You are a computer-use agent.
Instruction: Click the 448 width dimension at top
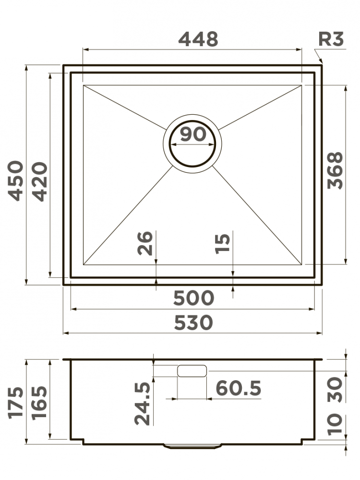pos(198,39)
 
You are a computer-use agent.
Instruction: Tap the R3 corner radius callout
pos(331,39)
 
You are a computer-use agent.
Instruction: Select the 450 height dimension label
pos(16,180)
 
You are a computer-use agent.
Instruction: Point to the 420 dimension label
pos(40,181)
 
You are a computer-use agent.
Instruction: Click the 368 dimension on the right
pos(335,170)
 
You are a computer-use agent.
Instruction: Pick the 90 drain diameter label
pos(193,134)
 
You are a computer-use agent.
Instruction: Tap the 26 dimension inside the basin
pos(144,243)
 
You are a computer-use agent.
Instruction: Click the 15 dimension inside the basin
pos(222,244)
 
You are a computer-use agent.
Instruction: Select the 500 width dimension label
pos(193,298)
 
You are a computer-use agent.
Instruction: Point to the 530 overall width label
pos(193,323)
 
